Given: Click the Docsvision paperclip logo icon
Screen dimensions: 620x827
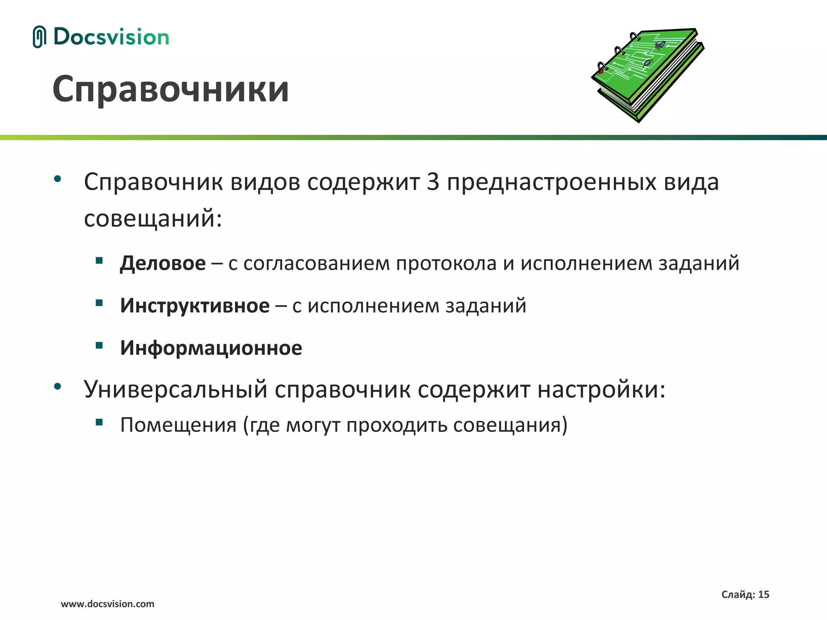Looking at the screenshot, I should pyautogui.click(x=39, y=37).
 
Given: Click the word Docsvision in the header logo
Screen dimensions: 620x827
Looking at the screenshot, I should pyautogui.click(x=111, y=37).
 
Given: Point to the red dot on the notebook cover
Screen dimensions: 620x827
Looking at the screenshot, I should pyautogui.click(x=601, y=71).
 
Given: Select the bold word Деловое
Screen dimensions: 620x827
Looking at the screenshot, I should pyautogui.click(x=163, y=264).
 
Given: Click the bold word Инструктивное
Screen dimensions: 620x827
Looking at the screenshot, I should pyautogui.click(x=195, y=306).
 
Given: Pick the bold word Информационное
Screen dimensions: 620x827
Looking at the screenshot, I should pyautogui.click(x=211, y=348).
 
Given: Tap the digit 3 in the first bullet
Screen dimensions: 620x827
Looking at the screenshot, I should pyautogui.click(x=433, y=182).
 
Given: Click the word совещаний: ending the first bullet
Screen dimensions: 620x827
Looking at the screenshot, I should pyautogui.click(x=153, y=218).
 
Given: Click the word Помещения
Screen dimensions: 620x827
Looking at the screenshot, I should pyautogui.click(x=178, y=425).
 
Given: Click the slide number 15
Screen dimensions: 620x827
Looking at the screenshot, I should pyautogui.click(x=764, y=595).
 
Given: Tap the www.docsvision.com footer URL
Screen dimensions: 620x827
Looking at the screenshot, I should pyautogui.click(x=107, y=604).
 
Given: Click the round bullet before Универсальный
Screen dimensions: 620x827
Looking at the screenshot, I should pyautogui.click(x=57, y=386).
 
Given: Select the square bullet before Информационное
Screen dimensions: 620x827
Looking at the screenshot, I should pyautogui.click(x=99, y=345).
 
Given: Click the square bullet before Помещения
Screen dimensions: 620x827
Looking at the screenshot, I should pyautogui.click(x=99, y=422).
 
